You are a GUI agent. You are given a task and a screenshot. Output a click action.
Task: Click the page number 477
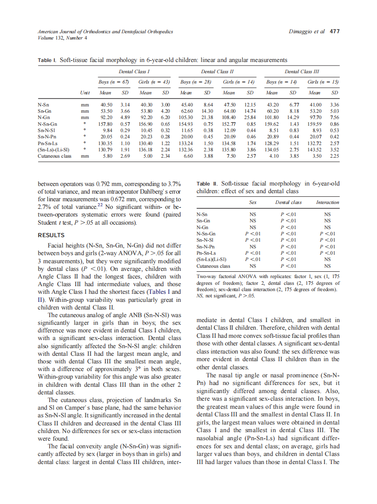[335, 32]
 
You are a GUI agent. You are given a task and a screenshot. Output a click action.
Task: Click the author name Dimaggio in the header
[299, 32]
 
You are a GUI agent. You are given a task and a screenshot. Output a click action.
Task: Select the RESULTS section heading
[51, 235]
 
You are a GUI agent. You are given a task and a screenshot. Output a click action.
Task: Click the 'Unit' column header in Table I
[85, 93]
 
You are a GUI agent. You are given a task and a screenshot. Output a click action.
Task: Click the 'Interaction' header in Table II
[327, 203]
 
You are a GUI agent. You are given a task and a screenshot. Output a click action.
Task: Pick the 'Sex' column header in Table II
[253, 203]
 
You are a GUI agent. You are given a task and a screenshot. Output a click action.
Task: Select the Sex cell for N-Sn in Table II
[253, 215]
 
